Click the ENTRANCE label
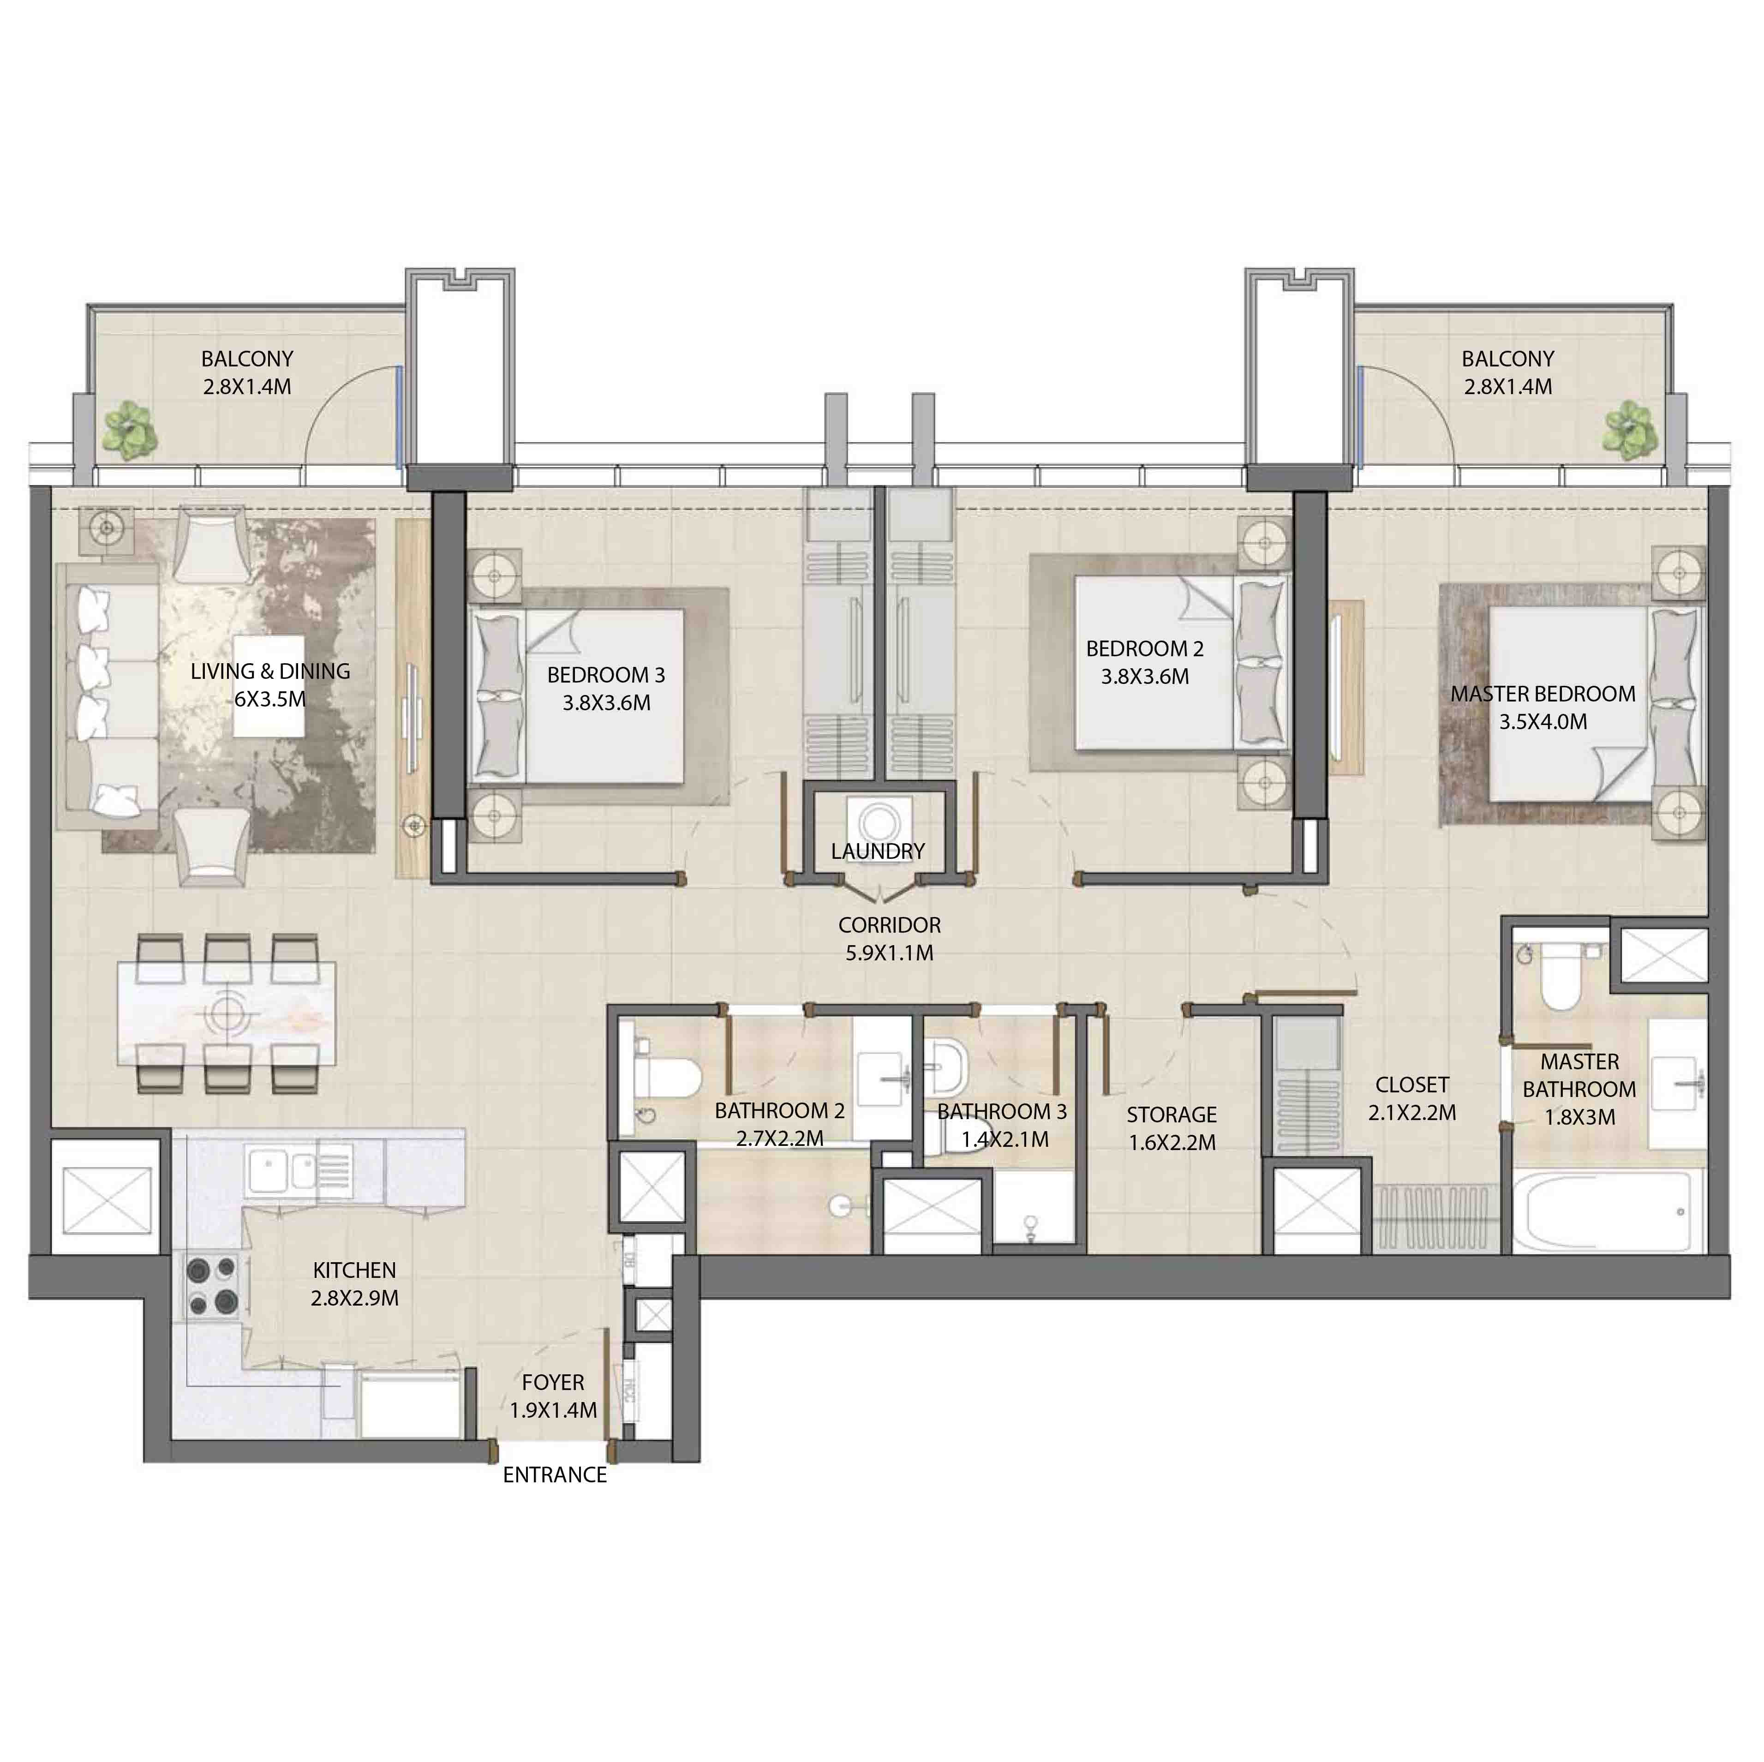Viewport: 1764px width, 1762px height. coord(554,1474)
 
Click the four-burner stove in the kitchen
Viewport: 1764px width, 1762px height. coord(212,1286)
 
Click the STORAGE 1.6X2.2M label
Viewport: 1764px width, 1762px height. coord(1172,1128)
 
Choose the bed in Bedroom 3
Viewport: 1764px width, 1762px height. coord(584,694)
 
